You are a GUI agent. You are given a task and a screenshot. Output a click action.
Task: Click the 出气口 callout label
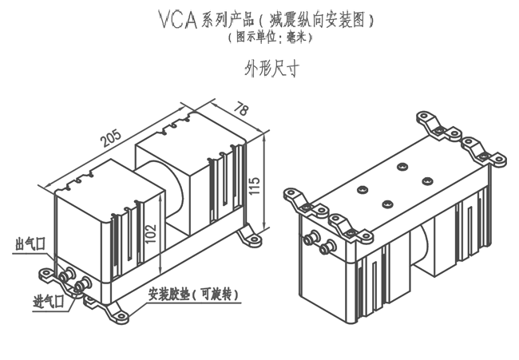coord(30,243)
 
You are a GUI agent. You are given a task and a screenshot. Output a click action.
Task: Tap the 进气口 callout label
coord(48,301)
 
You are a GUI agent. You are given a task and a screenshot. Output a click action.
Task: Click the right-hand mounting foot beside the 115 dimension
coord(252,237)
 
